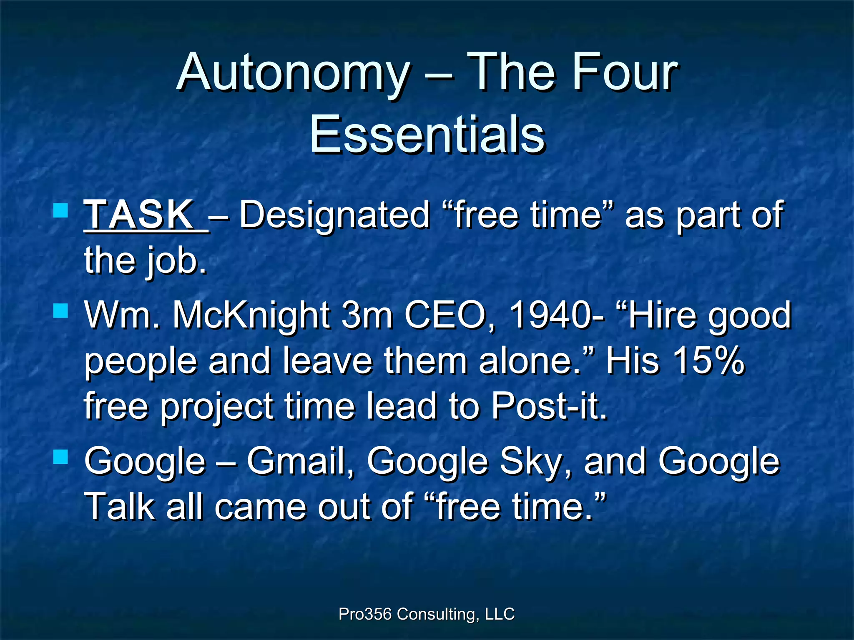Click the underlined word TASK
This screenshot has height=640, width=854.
click(140, 214)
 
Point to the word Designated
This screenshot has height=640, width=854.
click(334, 215)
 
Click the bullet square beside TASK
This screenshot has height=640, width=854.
click(61, 210)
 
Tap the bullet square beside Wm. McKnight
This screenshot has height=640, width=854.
click(61, 310)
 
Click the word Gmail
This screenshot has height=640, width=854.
click(300, 461)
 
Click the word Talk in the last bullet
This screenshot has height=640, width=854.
click(119, 506)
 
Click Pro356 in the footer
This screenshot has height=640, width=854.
click(365, 614)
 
